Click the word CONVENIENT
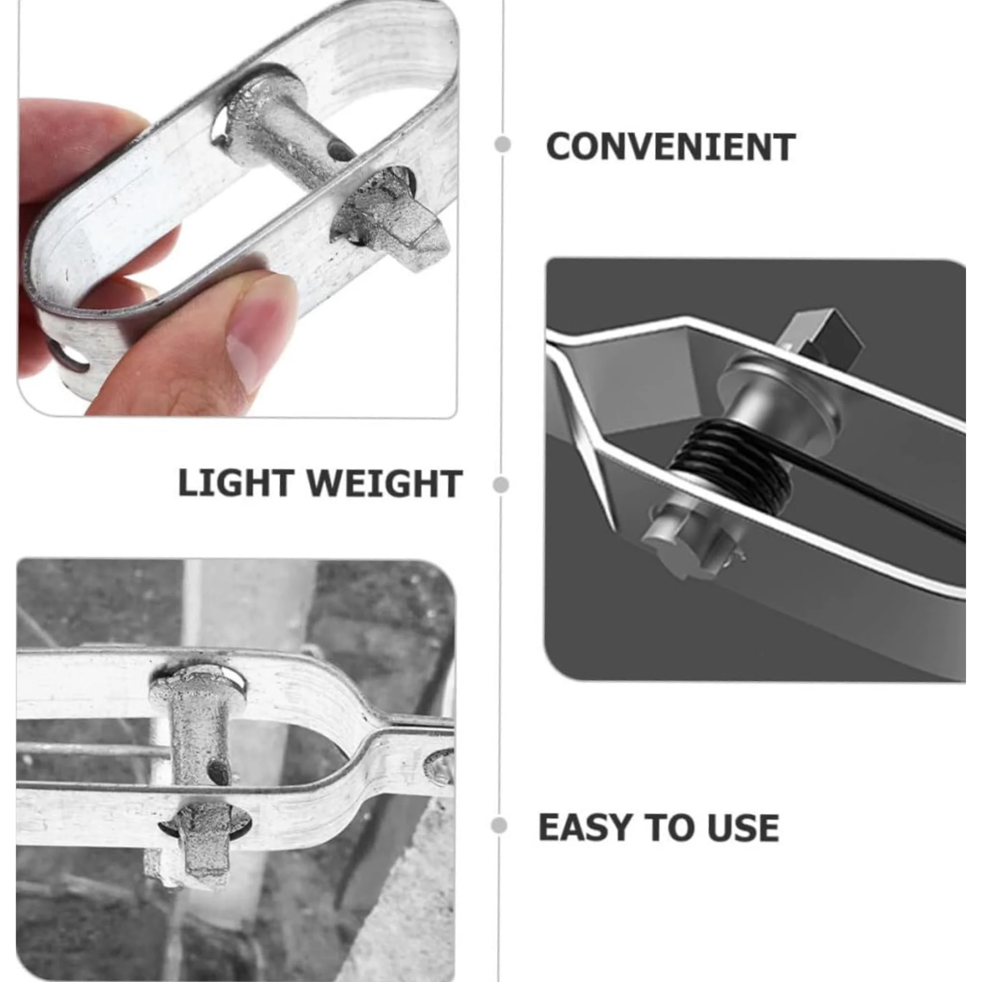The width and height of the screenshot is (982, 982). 670,147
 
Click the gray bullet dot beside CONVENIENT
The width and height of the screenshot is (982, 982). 503,145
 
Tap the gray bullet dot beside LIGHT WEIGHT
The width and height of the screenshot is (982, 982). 500,484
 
